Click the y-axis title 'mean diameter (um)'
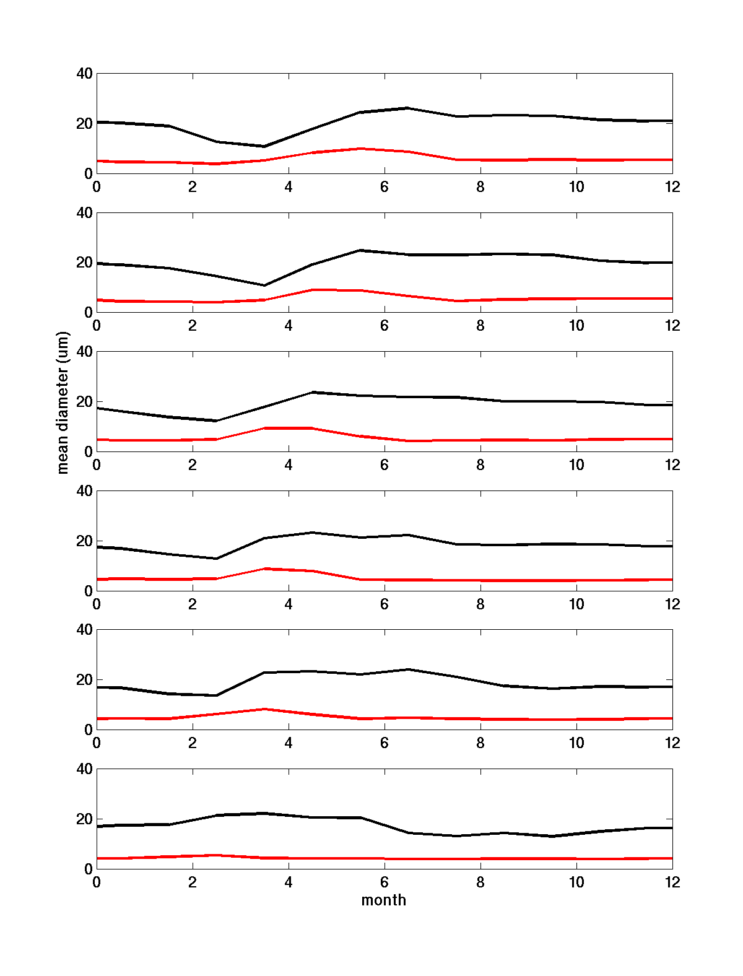tap(63, 403)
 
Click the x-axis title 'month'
tap(384, 900)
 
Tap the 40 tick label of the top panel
tap(85, 74)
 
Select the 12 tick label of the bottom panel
tap(672, 882)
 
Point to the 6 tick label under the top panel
tap(385, 187)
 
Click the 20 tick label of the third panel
tap(85, 402)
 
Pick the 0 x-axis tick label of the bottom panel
tap(97, 882)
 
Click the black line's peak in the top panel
tap(408, 108)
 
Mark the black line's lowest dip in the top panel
tap(264, 146)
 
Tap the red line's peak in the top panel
tap(360, 149)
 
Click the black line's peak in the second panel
tap(360, 250)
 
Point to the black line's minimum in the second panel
tap(264, 285)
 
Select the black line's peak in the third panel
tap(313, 392)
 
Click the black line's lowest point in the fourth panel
tap(216, 559)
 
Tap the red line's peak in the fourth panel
tap(264, 569)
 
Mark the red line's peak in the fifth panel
tap(264, 709)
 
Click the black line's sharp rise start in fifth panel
tap(216, 695)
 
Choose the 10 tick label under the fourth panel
tap(576, 604)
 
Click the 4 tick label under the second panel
tap(289, 326)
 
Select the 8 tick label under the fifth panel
tap(480, 743)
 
